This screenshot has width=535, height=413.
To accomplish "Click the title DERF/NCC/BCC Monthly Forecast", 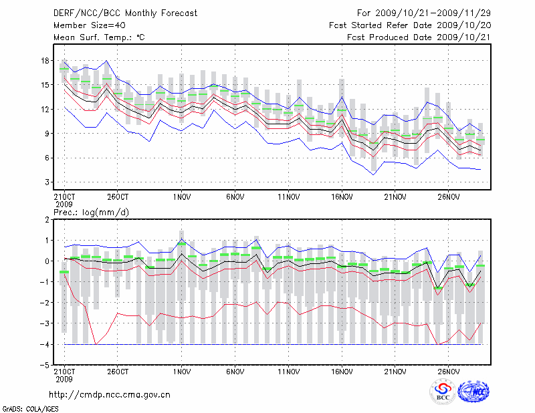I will click(125, 13).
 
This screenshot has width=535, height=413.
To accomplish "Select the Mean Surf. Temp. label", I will click(98, 37).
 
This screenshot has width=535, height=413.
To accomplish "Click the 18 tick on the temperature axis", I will click(45, 61).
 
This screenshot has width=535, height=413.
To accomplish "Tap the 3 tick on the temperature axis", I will click(47, 182).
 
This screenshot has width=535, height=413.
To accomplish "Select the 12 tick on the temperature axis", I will click(45, 109).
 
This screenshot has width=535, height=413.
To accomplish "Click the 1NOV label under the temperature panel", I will click(181, 197).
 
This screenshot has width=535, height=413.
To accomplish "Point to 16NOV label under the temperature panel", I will click(341, 197).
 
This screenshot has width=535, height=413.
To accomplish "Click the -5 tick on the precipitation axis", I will click(45, 365).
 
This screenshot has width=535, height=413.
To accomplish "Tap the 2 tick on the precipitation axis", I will click(47, 219).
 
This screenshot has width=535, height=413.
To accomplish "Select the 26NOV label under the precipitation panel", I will click(448, 371).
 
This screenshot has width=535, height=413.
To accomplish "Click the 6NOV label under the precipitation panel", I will click(235, 371).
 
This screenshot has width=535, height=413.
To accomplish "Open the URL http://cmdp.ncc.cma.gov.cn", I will click(110, 394).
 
